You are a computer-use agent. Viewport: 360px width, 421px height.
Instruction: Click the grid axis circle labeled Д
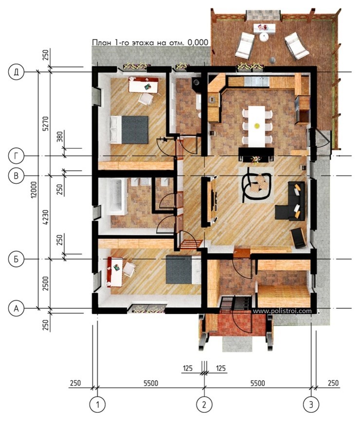point(17,72)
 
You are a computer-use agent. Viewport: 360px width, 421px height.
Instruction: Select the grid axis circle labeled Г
point(17,156)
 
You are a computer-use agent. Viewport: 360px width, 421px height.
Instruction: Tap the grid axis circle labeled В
point(17,175)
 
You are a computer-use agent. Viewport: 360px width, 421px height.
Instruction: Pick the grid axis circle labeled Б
point(17,259)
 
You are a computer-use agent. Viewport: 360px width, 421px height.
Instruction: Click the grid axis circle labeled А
point(17,309)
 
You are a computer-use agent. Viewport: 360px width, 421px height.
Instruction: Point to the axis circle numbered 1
point(97,404)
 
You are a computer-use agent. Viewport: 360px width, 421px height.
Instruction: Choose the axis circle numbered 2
point(204,404)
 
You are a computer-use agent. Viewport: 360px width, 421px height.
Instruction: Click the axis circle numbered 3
point(311,404)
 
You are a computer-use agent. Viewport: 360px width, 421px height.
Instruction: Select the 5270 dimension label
point(46,123)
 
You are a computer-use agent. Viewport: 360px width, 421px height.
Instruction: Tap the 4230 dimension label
point(46,217)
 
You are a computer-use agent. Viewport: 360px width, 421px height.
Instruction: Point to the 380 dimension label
point(60,137)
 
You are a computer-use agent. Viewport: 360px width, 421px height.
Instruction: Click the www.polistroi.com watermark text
point(282,311)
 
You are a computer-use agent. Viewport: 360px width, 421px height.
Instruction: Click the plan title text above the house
point(150,42)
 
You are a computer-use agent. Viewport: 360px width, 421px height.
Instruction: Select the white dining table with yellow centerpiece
point(256,126)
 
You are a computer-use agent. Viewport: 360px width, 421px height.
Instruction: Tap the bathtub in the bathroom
point(117,197)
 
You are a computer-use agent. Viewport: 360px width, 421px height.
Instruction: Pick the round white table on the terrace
point(264,37)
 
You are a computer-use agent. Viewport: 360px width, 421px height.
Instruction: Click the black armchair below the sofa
point(298,238)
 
